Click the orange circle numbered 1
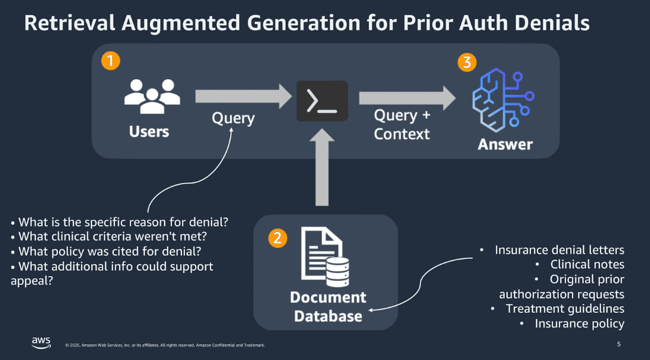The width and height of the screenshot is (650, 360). pos(111,61)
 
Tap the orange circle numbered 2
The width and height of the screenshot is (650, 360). pos(277,238)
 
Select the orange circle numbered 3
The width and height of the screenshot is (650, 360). pos(467,62)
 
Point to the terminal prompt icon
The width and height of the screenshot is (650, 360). pos(322,101)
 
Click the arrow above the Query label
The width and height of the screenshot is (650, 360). pos(243,96)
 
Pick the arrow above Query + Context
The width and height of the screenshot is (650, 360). pos(407,97)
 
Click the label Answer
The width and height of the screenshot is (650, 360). pos(505,144)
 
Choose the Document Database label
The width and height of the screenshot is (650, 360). pos(328,307)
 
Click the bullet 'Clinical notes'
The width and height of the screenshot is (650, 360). pos(587,265)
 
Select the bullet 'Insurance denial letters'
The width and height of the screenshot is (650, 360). pos(559,250)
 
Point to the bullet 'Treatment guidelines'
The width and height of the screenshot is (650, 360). pos(565,309)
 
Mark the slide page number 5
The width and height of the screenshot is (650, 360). pos(619,344)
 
